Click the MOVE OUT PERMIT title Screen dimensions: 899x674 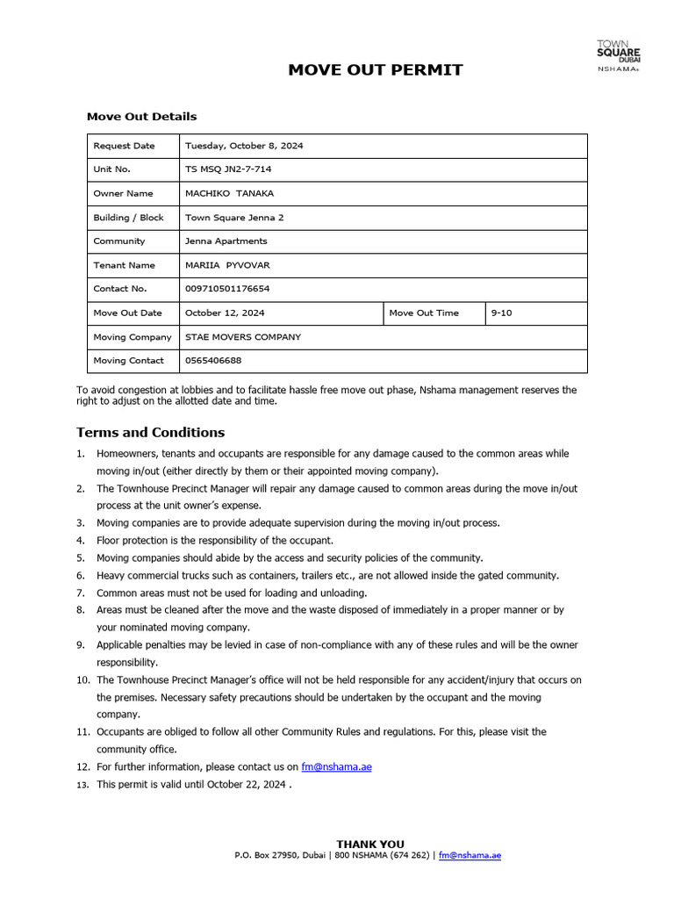(375, 69)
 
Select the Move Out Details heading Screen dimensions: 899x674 (141, 117)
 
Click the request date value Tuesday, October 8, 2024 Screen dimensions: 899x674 (244, 146)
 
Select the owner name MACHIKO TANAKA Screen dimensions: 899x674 (229, 193)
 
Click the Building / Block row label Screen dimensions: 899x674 (128, 218)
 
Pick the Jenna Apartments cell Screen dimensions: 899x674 (226, 241)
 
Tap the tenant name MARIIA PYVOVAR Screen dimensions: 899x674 (227, 265)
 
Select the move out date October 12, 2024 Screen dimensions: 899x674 (225, 313)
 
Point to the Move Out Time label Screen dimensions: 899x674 (423, 313)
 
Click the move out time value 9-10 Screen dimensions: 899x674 (501, 313)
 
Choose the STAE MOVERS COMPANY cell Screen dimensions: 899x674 (243, 337)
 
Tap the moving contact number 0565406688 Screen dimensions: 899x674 (213, 361)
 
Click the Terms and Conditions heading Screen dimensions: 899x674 (150, 433)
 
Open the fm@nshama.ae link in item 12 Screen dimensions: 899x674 (336, 766)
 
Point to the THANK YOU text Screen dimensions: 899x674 (370, 844)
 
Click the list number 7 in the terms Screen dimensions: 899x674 (80, 593)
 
